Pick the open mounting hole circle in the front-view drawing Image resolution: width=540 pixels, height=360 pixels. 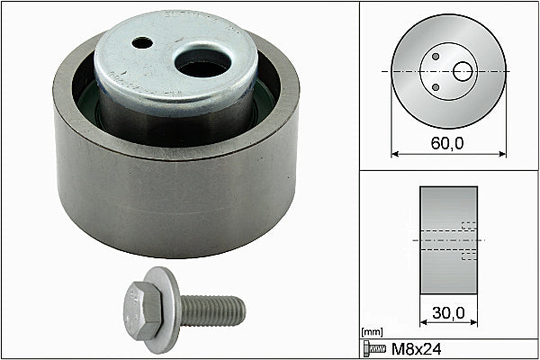[462, 70]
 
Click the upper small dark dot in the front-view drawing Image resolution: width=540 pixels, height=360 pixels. [436, 56]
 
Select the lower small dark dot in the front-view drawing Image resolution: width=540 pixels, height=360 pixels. [436, 87]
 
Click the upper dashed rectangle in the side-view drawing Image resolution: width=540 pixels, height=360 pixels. [467, 226]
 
